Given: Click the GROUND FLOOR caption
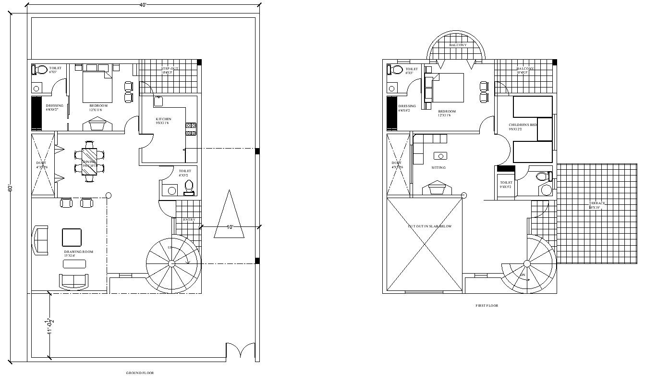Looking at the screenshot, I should click(x=140, y=373).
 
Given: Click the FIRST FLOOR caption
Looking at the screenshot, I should click(x=487, y=305).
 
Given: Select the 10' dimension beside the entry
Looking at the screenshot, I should click(x=230, y=227).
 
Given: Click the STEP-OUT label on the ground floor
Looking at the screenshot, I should click(x=170, y=69).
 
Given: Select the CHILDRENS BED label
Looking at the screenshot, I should click(x=523, y=125).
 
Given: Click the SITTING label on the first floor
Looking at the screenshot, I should click(x=438, y=168).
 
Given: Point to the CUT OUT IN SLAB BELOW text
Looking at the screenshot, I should click(x=429, y=226).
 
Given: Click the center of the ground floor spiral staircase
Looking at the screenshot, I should click(x=171, y=263).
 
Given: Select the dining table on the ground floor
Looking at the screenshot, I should click(x=89, y=160).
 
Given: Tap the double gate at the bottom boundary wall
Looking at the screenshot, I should click(x=241, y=351).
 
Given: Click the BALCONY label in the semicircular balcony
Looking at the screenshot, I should click(x=457, y=45).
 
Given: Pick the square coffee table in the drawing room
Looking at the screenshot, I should click(x=72, y=237).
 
